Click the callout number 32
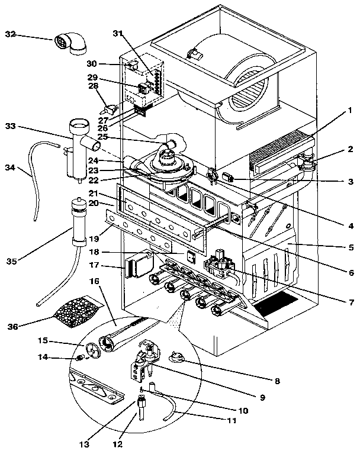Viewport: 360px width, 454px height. (x=11, y=35)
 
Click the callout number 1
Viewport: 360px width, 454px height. (x=351, y=110)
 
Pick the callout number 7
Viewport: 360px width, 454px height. (x=351, y=301)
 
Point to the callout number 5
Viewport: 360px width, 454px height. (x=351, y=246)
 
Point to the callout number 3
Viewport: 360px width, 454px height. (x=351, y=182)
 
